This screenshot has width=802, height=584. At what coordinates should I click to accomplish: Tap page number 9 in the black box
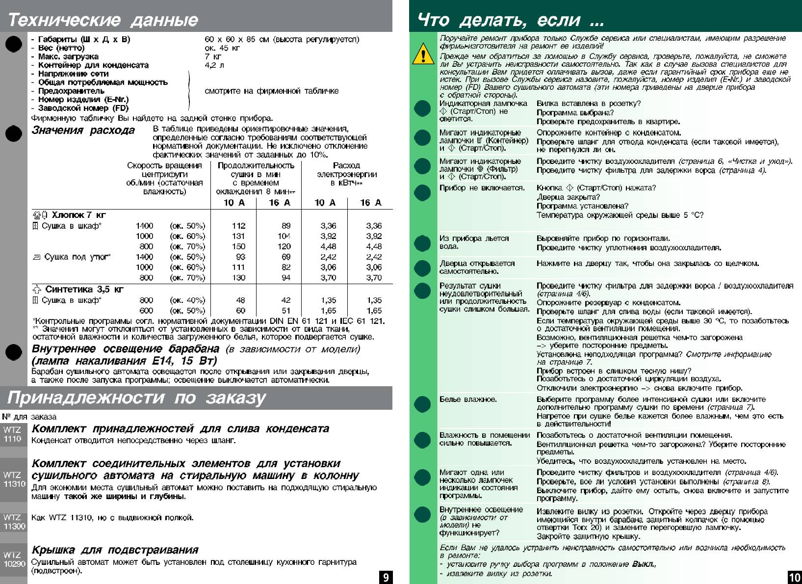pyautogui.click(x=386, y=577)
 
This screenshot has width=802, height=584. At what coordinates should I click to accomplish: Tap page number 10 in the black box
pyautogui.click(x=794, y=577)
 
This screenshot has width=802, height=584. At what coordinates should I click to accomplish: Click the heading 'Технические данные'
pyautogui.click(x=103, y=20)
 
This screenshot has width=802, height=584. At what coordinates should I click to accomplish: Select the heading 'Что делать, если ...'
pyautogui.click(x=510, y=20)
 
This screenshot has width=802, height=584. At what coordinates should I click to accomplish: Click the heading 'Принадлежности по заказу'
pyautogui.click(x=136, y=398)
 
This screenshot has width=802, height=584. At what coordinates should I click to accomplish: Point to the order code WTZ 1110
pyautogui.click(x=12, y=434)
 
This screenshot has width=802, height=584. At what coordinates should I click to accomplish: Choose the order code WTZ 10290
pyautogui.click(x=14, y=559)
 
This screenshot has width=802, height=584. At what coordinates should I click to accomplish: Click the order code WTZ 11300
pyautogui.click(x=14, y=522)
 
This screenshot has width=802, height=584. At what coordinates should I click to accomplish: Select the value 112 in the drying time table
pyautogui.click(x=239, y=226)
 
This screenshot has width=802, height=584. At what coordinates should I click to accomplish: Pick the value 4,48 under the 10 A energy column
pyautogui.click(x=328, y=246)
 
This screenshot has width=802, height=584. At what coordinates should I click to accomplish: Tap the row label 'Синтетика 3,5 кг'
pyautogui.click(x=84, y=290)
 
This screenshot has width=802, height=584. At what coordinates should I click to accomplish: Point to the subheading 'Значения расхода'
pyautogui.click(x=83, y=130)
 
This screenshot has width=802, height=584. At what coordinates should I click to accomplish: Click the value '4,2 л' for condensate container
pyautogui.click(x=214, y=65)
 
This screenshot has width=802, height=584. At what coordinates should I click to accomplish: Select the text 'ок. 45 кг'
pyautogui.click(x=222, y=48)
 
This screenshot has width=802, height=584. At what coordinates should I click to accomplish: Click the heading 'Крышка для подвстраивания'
pyautogui.click(x=115, y=550)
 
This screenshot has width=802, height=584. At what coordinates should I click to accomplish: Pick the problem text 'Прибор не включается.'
pyautogui.click(x=482, y=188)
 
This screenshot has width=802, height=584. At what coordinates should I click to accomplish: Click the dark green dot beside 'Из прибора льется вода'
pyautogui.click(x=422, y=243)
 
